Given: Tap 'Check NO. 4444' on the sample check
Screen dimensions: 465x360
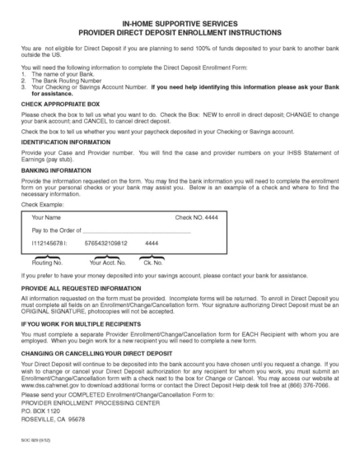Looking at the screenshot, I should click(x=195, y=216).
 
